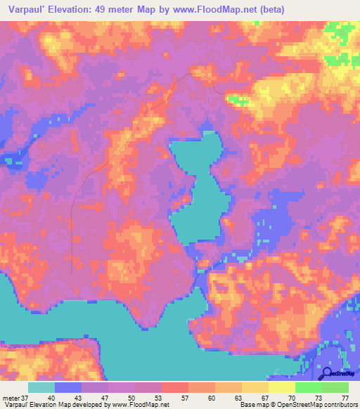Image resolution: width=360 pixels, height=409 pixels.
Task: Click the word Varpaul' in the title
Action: pyautogui.click(x=29, y=9)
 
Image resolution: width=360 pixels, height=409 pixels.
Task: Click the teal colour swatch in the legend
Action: pyautogui.click(x=41, y=387)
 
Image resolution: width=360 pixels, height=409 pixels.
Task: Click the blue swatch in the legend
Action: pyautogui.click(x=68, y=387)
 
